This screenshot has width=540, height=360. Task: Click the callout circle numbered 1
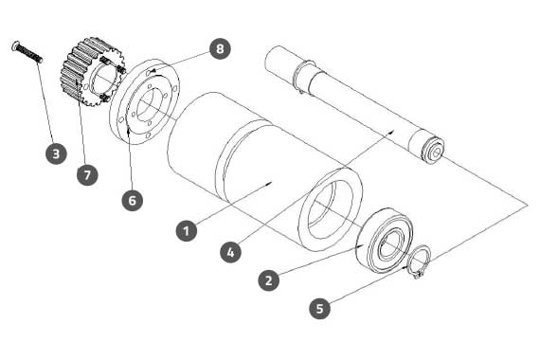187,230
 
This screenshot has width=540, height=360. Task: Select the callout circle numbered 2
269,279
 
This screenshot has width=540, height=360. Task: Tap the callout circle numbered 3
56,153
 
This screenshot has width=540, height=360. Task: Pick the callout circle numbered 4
230,252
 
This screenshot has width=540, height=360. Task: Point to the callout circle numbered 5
319,308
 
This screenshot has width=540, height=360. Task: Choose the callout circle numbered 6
133,200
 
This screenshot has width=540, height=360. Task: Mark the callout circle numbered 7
87,174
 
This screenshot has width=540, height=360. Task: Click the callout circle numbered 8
220,48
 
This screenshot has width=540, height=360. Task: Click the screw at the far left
27,52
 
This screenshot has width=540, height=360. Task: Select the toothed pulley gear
92,71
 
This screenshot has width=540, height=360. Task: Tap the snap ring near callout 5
419,261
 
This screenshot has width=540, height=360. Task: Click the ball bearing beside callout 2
385,240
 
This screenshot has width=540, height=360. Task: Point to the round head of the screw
15,45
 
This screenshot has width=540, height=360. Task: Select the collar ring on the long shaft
303,77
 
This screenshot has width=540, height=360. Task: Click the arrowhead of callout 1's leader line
270,183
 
